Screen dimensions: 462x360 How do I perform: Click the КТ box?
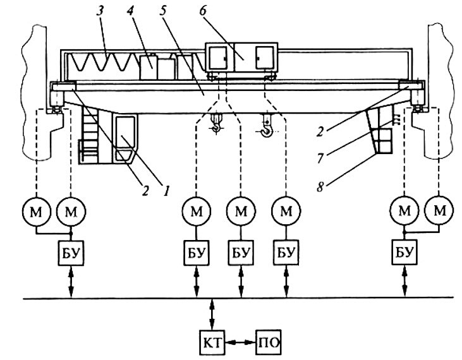click(212, 343)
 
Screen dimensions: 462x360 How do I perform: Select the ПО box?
click(269, 343)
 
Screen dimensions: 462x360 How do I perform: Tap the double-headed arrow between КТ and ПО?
click(240, 342)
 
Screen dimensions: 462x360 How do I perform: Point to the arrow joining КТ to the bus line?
click(212, 315)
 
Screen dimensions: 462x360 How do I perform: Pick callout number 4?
click(130, 12)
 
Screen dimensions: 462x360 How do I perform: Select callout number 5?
click(164, 11)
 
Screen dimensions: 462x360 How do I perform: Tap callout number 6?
click(204, 11)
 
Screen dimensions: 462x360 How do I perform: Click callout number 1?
click(166, 191)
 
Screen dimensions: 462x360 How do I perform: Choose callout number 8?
click(320, 187)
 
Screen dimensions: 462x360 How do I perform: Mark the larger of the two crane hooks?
click(267, 126)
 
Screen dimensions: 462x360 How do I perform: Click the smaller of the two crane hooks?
click(216, 124)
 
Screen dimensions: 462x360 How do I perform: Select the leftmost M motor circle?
click(36, 212)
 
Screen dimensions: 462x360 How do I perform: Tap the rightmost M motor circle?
click(439, 210)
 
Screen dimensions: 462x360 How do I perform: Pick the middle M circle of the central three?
click(241, 211)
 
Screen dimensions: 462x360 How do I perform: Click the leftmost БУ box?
click(71, 253)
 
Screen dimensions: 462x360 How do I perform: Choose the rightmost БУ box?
click(404, 252)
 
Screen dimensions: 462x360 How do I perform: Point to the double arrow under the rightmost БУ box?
click(405, 281)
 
